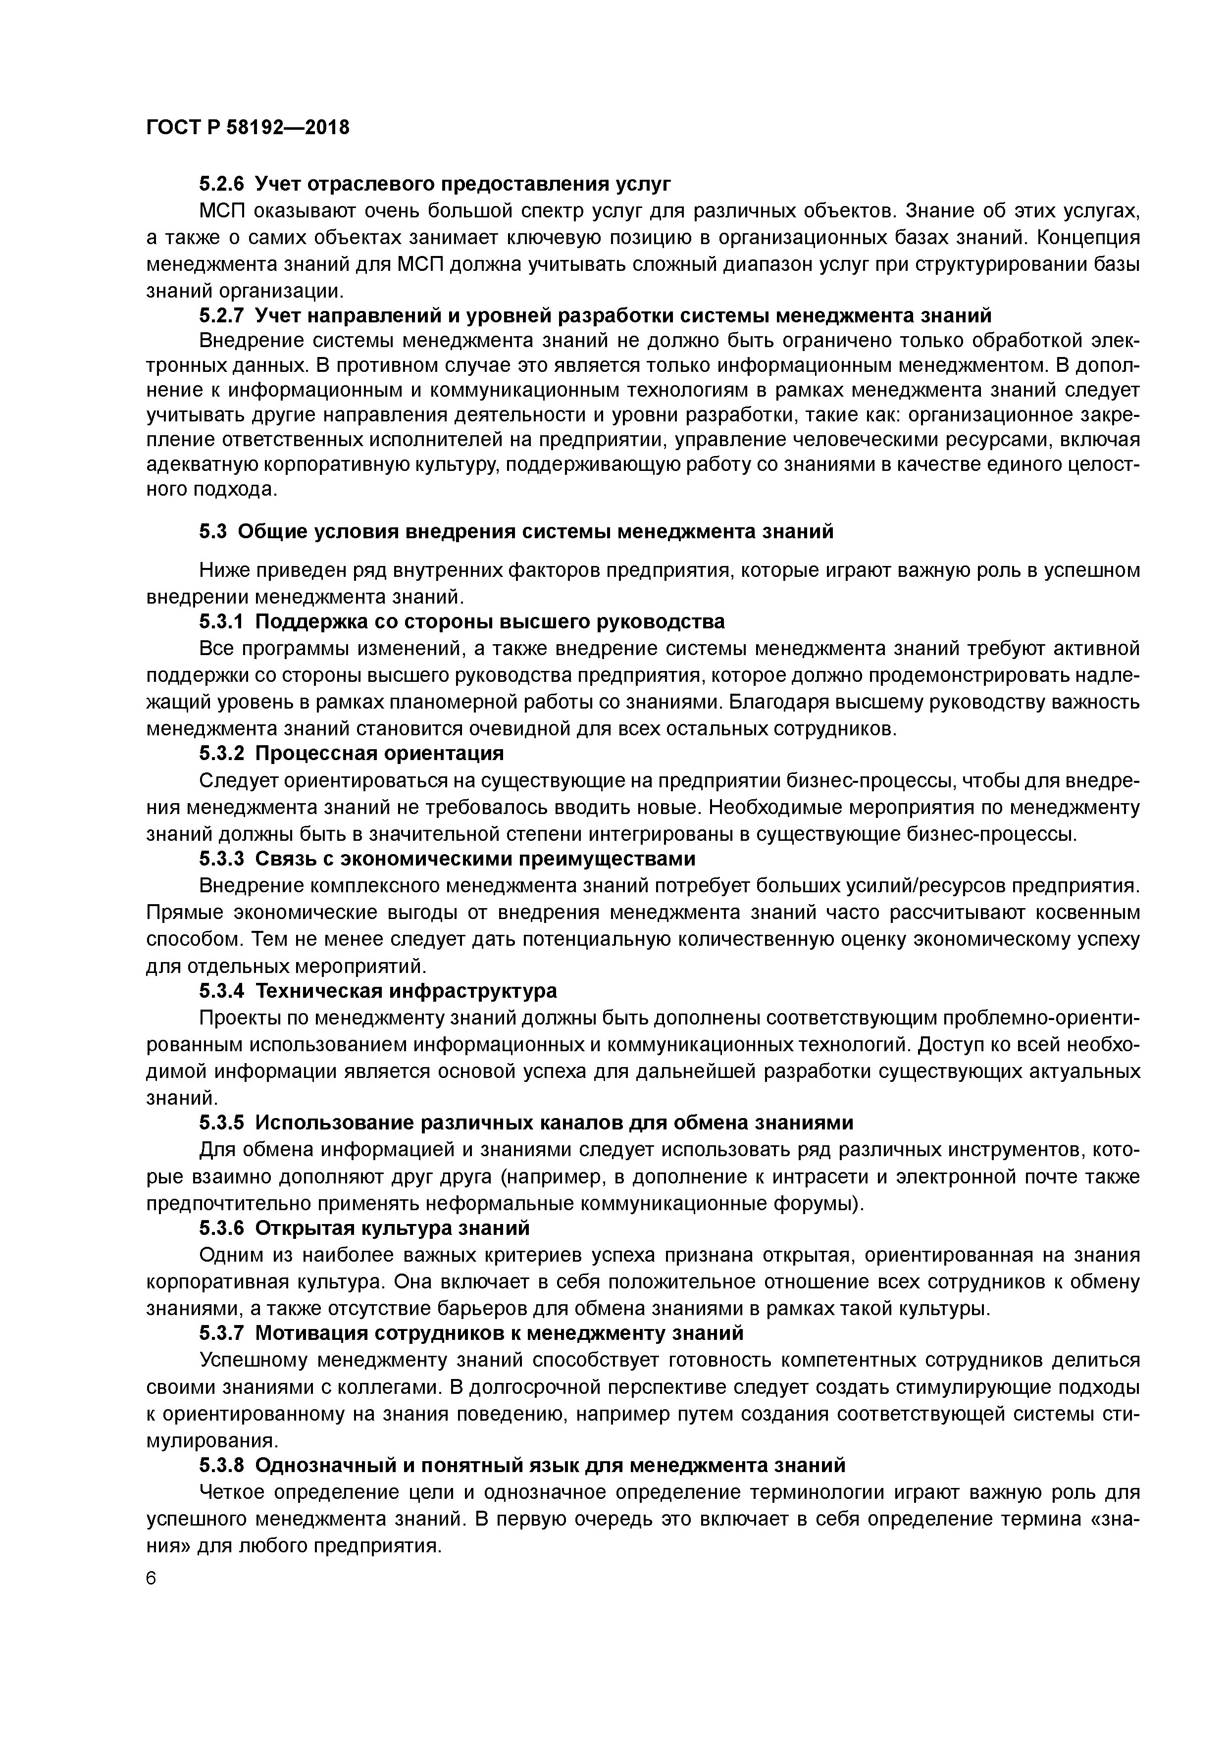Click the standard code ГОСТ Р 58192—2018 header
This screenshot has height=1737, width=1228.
(248, 128)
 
